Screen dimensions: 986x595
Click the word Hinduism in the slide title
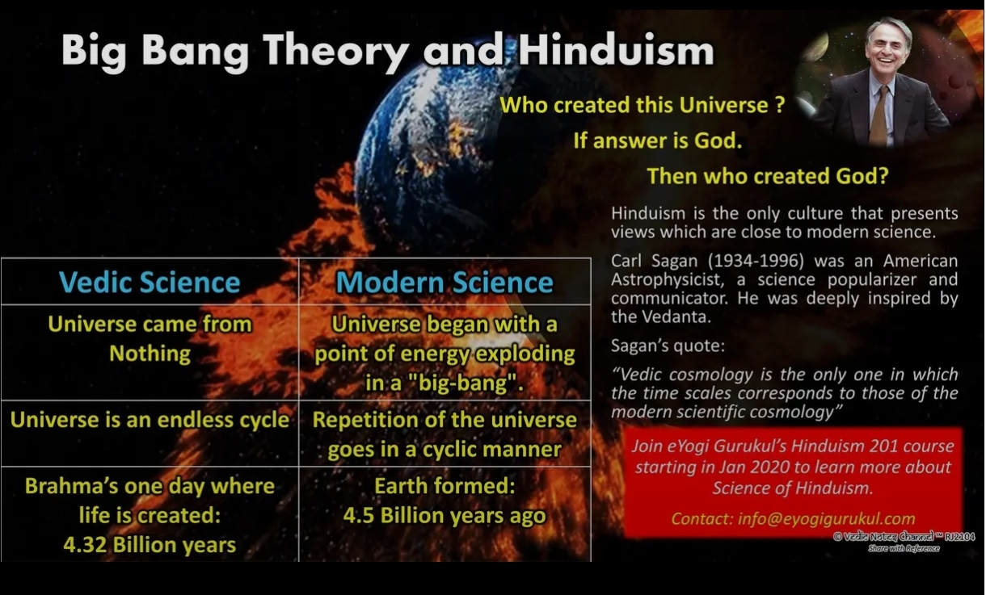tap(616, 50)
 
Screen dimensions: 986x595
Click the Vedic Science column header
tap(150, 282)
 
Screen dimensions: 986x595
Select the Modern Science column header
tap(445, 282)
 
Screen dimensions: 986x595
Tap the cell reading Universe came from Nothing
tap(150, 338)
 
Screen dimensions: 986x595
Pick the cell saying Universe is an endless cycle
tap(150, 420)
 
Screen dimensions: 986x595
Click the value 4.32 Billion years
tap(150, 545)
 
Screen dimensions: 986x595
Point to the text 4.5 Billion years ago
tap(445, 515)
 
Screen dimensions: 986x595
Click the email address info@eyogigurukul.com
tap(826, 519)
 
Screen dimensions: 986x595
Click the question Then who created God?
tap(768, 176)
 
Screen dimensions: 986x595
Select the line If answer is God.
tap(658, 140)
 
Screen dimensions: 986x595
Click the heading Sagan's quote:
tap(668, 346)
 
